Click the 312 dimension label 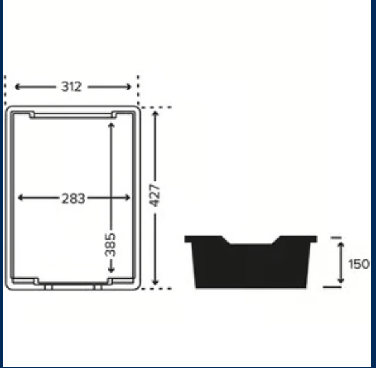tap(72, 87)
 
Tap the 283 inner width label tap(73, 199)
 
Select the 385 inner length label tap(111, 245)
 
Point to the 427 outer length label tap(154, 195)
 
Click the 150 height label tap(358, 264)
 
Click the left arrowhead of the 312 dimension tap(18, 87)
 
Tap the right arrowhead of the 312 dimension tap(128, 87)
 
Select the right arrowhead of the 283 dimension tap(127, 198)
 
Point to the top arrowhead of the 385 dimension tap(111, 125)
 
